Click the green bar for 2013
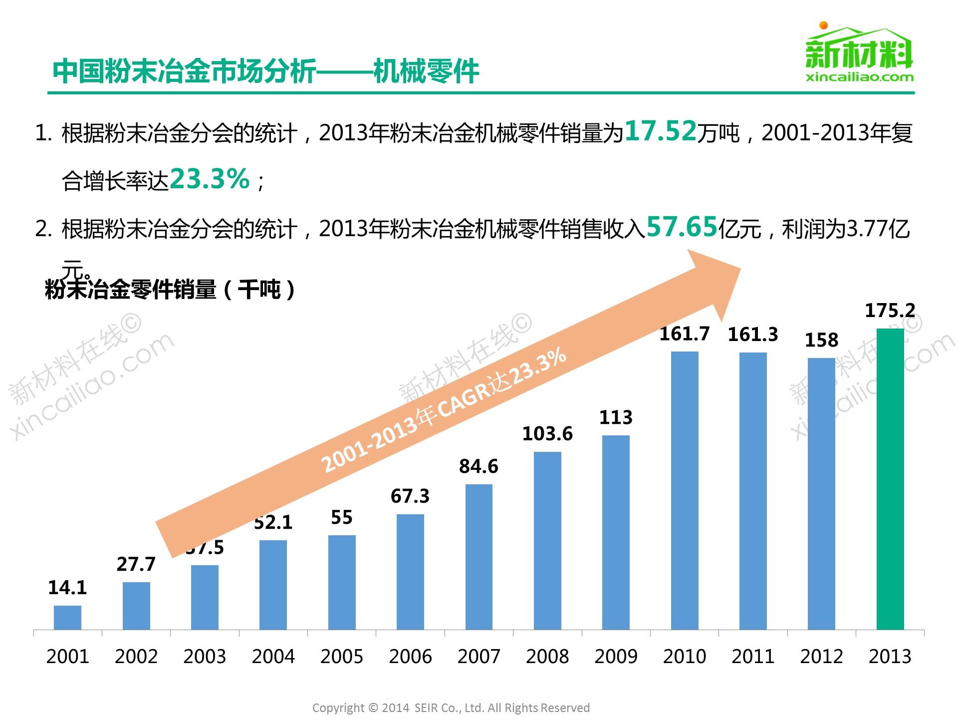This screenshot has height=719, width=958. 890,479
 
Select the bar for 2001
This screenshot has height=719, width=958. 67,618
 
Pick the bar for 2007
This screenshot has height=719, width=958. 479,557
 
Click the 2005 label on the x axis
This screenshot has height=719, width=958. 342,656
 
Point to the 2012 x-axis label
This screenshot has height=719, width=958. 821,656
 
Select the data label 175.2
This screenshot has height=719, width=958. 890,311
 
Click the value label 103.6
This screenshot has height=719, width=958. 547,433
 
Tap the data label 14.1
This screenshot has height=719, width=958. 67,588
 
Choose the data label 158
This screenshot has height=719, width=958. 821,340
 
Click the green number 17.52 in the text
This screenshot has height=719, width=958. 660,131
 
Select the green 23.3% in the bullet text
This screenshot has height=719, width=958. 210,179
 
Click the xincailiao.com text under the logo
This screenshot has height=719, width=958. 860,77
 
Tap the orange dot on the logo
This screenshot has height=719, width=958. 824,25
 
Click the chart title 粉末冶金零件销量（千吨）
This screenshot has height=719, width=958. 170,290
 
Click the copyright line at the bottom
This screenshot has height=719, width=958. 451,708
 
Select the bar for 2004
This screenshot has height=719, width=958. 273,585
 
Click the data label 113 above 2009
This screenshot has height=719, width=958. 616,417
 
